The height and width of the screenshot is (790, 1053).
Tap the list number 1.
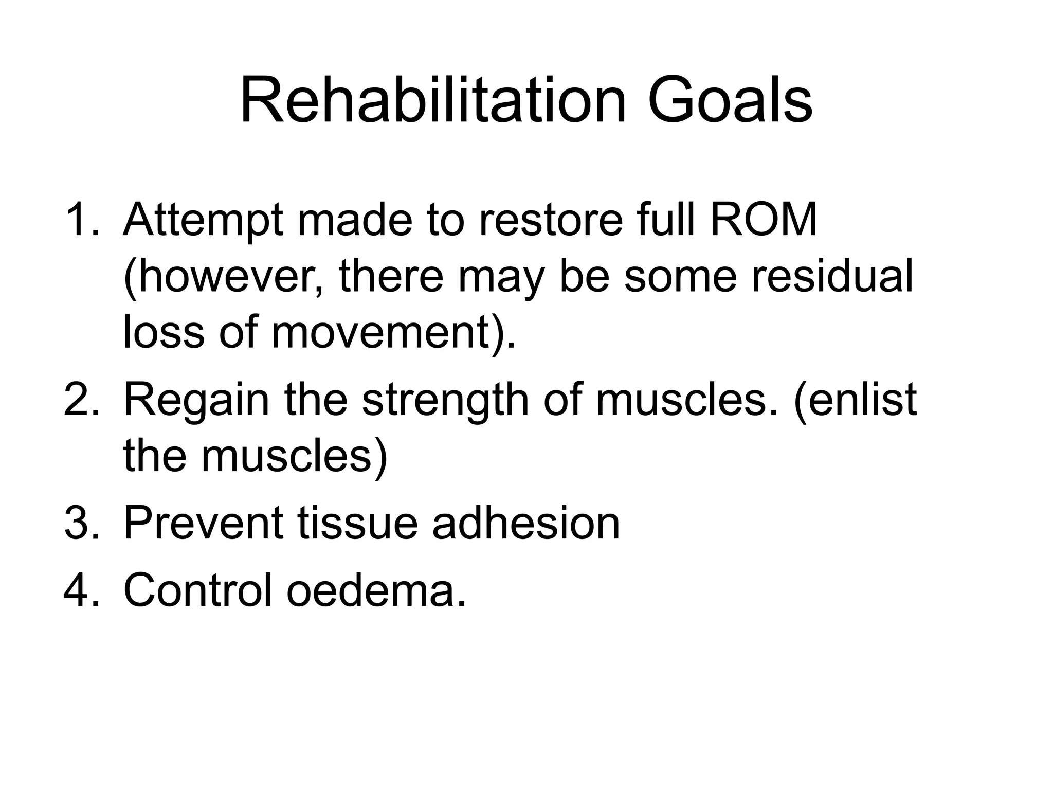[x=81, y=220]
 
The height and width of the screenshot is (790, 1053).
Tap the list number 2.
[x=81, y=400]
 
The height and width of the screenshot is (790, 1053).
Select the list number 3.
[x=81, y=523]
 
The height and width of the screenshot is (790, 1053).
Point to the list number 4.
[x=81, y=590]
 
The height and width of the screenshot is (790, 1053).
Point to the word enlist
[x=856, y=400]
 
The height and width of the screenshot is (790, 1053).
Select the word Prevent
[x=203, y=523]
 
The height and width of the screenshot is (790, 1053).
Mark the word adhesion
[x=526, y=523]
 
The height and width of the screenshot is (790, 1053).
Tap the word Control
[x=198, y=590]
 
